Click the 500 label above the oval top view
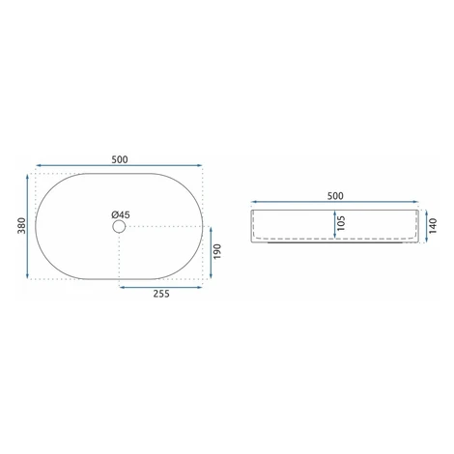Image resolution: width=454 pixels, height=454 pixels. [x=120, y=159]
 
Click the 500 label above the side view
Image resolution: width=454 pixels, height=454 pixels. [x=335, y=196]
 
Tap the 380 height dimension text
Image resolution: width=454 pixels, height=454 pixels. [x=21, y=226]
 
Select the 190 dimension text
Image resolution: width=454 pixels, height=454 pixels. [x=217, y=252]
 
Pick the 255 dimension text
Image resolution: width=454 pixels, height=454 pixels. [x=161, y=294]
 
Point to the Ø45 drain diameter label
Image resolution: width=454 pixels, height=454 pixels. [x=121, y=214]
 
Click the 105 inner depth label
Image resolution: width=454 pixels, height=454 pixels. [x=341, y=223]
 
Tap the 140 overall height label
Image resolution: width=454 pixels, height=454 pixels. [x=433, y=226]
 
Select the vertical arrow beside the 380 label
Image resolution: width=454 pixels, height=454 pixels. [x=28, y=226]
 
